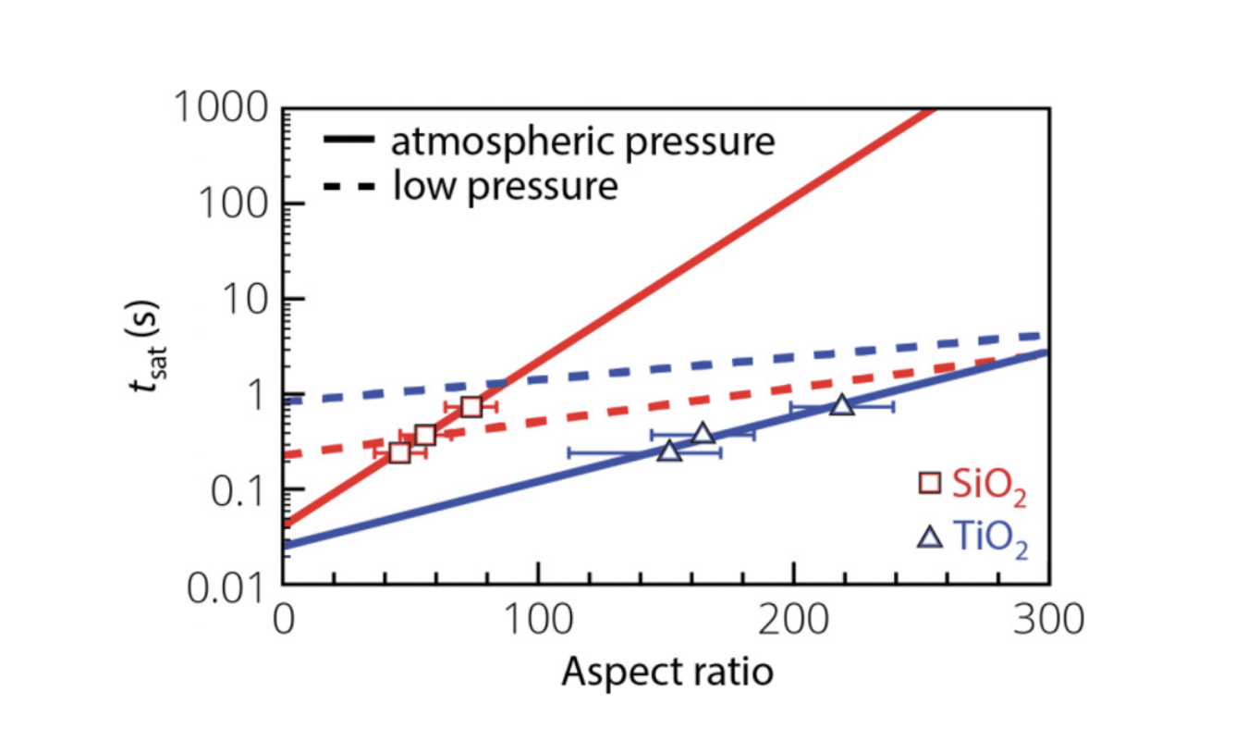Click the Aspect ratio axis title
click(666, 671)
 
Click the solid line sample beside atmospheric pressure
click(348, 142)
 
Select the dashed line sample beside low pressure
click(348, 186)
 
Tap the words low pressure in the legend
click(505, 186)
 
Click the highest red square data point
click(471, 406)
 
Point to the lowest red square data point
click(399, 452)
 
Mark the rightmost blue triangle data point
click(841, 405)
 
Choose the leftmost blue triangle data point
click(669, 451)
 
